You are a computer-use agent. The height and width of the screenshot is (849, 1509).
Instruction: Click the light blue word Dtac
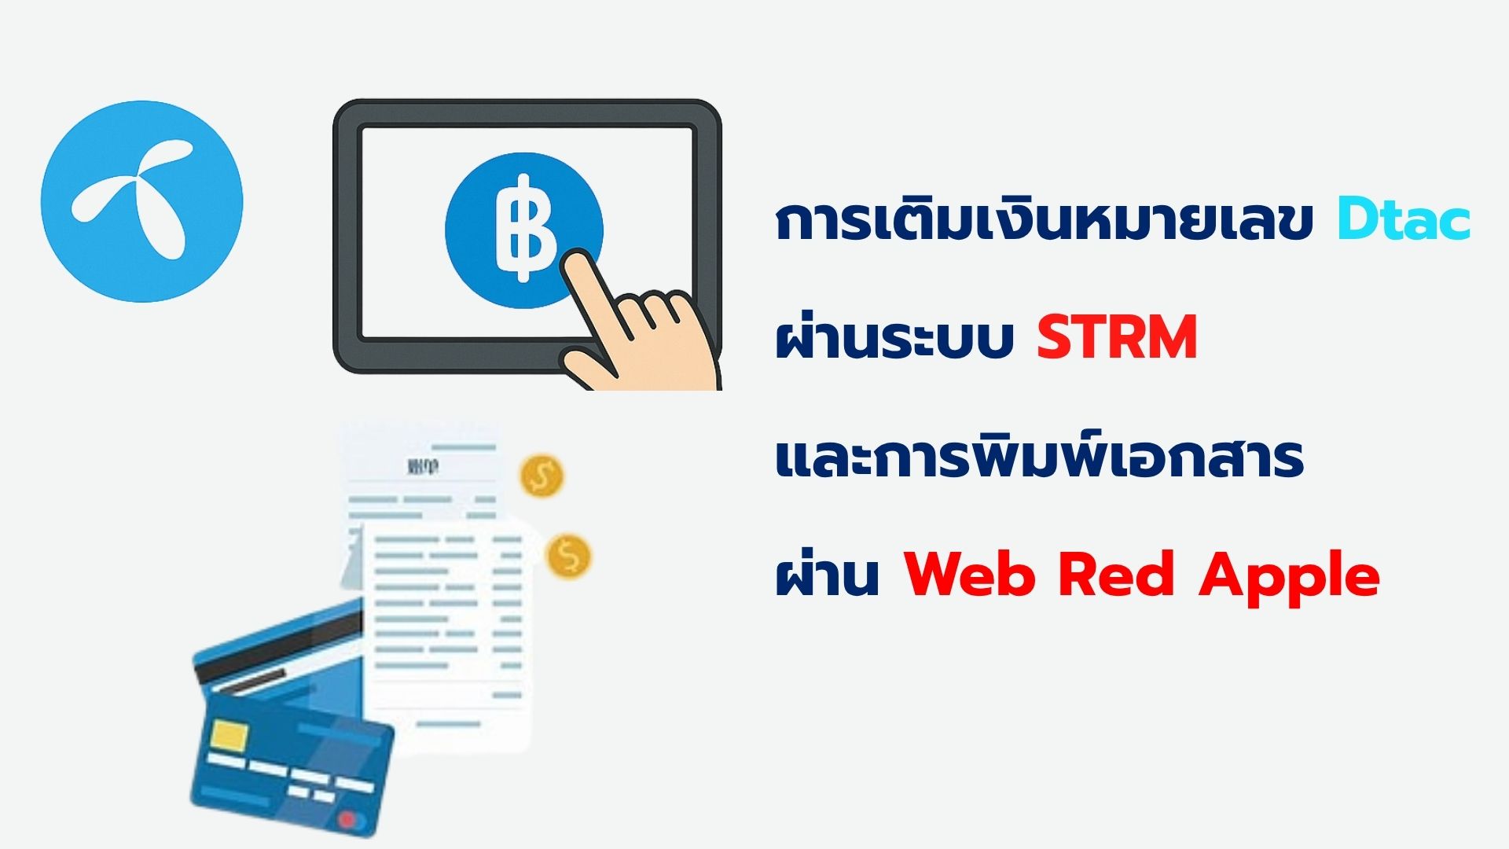tap(1404, 220)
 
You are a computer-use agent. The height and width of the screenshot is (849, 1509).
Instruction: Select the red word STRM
tap(1117, 338)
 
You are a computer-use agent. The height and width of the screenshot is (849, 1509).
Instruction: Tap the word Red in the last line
tap(1116, 575)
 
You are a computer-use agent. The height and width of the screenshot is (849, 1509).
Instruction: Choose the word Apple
tap(1289, 579)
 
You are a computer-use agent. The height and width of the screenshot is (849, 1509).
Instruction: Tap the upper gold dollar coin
tap(542, 476)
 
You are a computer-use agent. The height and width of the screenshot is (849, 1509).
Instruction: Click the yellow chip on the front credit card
tap(229, 736)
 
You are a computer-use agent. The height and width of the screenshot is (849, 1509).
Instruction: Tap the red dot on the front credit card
tap(346, 820)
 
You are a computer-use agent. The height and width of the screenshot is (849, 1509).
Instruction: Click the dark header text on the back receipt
tap(424, 468)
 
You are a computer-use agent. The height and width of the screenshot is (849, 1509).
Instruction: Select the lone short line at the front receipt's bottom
tap(448, 724)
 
